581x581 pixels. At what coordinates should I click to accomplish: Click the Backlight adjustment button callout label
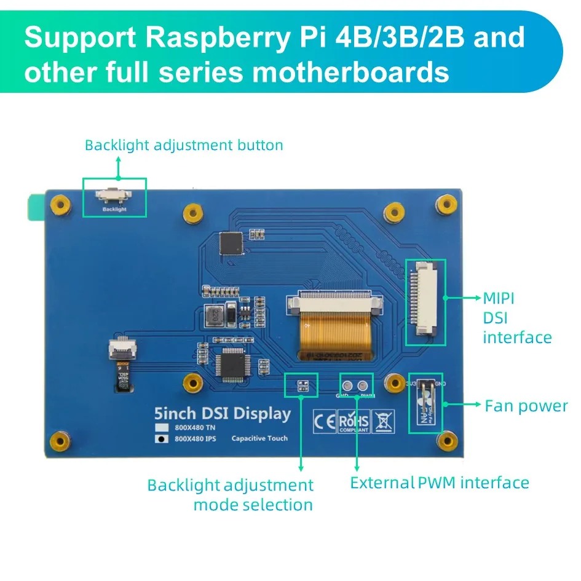click(184, 146)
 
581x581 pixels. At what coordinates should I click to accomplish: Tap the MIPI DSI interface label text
click(516, 318)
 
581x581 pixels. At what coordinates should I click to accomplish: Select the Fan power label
click(526, 406)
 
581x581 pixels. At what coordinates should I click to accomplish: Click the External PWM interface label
click(440, 483)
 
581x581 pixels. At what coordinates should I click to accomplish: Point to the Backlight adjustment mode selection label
click(231, 495)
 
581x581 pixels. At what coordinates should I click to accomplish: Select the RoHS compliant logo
click(354, 422)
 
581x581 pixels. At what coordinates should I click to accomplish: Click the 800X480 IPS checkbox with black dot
click(162, 439)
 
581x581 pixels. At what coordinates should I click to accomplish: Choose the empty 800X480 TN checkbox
click(162, 427)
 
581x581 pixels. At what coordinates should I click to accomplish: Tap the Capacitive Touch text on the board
click(259, 438)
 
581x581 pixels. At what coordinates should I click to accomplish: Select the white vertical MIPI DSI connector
click(422, 297)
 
